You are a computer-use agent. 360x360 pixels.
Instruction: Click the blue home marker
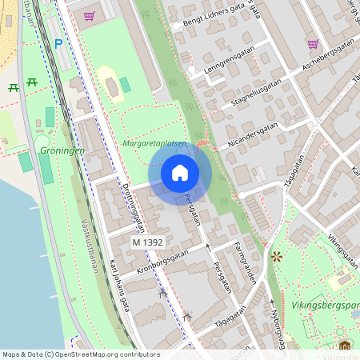point(180,173)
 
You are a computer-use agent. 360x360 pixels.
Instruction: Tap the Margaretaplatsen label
point(155,144)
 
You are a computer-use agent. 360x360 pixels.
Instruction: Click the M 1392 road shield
point(147,242)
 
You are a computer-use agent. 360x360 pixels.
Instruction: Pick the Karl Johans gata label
point(122,286)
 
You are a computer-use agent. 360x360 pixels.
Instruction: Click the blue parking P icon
point(58,43)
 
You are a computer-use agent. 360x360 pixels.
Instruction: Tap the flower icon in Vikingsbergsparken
point(277,257)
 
